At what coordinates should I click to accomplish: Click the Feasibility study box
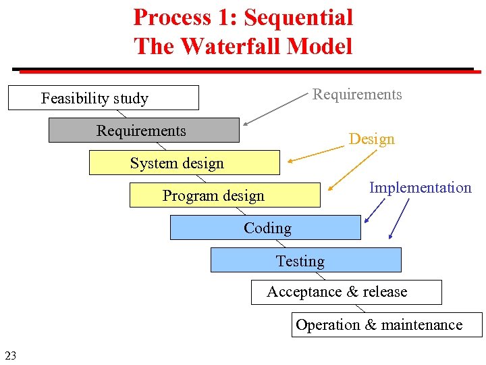point(103,98)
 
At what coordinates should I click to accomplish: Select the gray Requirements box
point(143,130)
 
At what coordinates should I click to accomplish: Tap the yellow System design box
point(184,163)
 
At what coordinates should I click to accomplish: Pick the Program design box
point(224,195)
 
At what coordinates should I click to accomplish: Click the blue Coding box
point(265,228)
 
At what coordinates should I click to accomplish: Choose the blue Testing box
point(305,260)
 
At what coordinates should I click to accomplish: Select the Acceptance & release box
point(346,292)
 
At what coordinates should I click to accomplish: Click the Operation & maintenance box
point(387,325)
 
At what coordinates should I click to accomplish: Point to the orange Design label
point(371,139)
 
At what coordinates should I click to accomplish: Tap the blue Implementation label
point(420,188)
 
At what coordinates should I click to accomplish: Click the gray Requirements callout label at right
point(357,95)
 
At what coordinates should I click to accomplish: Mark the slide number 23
point(11,355)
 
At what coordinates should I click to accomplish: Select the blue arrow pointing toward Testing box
point(400,218)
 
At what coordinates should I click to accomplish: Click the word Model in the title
point(321,47)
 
